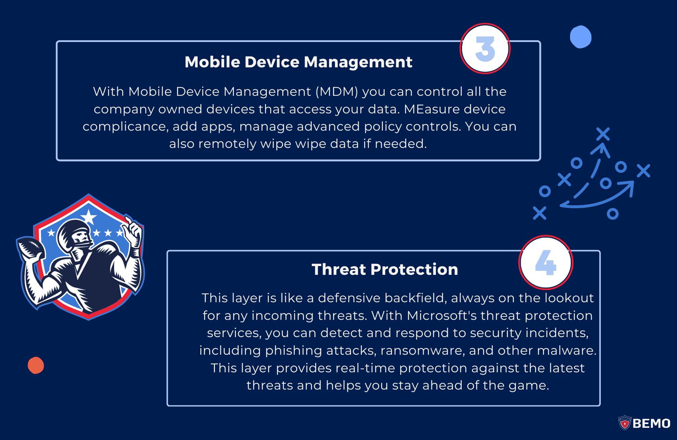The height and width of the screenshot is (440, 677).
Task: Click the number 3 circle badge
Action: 485,49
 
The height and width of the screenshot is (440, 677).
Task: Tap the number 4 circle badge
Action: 546,262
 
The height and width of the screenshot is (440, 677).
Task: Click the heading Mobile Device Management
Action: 298,62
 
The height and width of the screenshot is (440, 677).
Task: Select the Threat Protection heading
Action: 385,269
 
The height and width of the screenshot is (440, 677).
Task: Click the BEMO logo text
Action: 651,424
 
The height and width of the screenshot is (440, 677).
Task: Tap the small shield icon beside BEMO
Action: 625,423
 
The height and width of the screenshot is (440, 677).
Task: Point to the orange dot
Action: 36,365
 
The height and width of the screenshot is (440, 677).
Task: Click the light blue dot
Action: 581,37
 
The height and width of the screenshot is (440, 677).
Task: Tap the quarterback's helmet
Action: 74,232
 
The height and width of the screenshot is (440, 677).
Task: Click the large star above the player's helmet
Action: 89,216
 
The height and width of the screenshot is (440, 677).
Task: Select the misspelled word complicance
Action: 125,126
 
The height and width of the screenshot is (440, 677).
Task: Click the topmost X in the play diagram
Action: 603,134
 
